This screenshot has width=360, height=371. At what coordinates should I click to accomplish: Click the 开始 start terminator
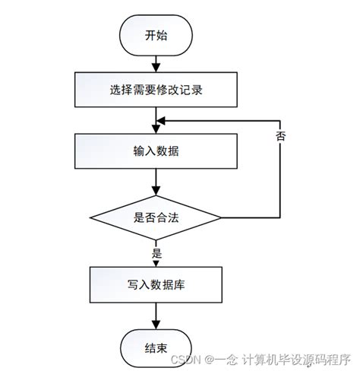[x=155, y=35]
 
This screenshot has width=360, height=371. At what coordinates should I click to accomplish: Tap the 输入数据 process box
[x=155, y=151]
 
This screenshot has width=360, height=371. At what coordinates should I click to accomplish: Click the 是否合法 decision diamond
[x=155, y=217]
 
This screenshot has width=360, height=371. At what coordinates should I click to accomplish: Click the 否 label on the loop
[x=281, y=138]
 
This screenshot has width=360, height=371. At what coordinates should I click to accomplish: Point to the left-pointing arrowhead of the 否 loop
[x=160, y=120]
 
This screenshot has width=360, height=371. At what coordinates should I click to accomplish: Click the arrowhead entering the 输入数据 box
[x=155, y=130]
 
